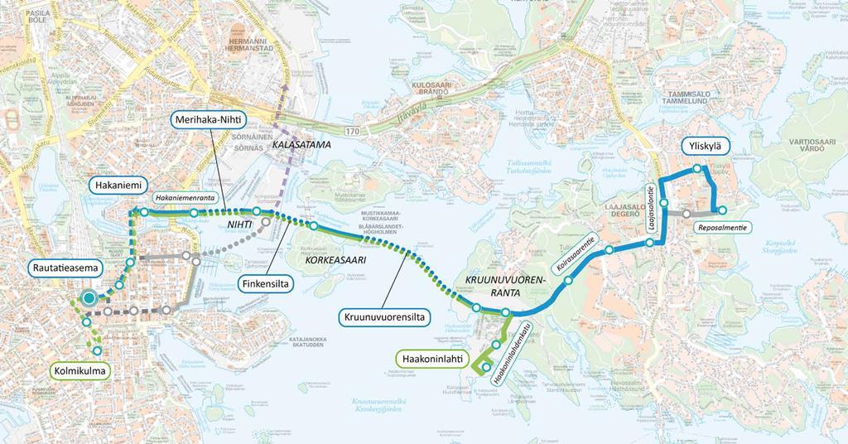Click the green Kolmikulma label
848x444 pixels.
[x=80, y=371]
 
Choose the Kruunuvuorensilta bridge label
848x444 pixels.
[x=382, y=316]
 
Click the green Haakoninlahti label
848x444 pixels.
[x=431, y=359]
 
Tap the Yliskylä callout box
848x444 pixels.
[x=705, y=147]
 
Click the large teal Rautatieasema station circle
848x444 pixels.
[x=88, y=299]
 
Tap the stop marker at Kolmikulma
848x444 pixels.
[x=98, y=350]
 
